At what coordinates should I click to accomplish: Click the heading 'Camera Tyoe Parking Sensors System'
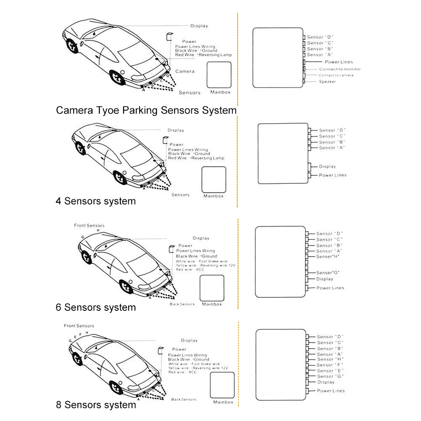tap(146, 111)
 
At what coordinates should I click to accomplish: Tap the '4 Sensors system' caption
tap(95, 201)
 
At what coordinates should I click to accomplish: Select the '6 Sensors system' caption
tap(95, 307)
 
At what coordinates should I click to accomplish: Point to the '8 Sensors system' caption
tap(96, 405)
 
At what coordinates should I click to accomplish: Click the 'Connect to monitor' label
tap(339, 69)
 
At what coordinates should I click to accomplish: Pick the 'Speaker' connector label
tap(327, 82)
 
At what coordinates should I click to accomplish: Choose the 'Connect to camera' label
tap(336, 75)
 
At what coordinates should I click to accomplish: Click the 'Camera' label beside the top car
tap(185, 71)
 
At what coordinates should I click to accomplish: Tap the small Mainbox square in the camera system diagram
tap(219, 74)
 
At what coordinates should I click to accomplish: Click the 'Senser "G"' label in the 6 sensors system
tap(328, 273)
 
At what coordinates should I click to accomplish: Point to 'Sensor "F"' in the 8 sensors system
tap(330, 365)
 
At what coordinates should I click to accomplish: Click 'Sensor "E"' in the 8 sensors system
tap(330, 371)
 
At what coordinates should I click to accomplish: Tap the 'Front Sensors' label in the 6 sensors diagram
tap(89, 226)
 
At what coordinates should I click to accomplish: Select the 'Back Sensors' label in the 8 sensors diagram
tap(183, 400)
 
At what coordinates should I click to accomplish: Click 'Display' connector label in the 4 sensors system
tap(327, 167)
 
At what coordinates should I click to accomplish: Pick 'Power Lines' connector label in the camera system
tap(339, 62)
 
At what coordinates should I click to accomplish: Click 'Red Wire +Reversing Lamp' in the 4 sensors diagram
tap(196, 159)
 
